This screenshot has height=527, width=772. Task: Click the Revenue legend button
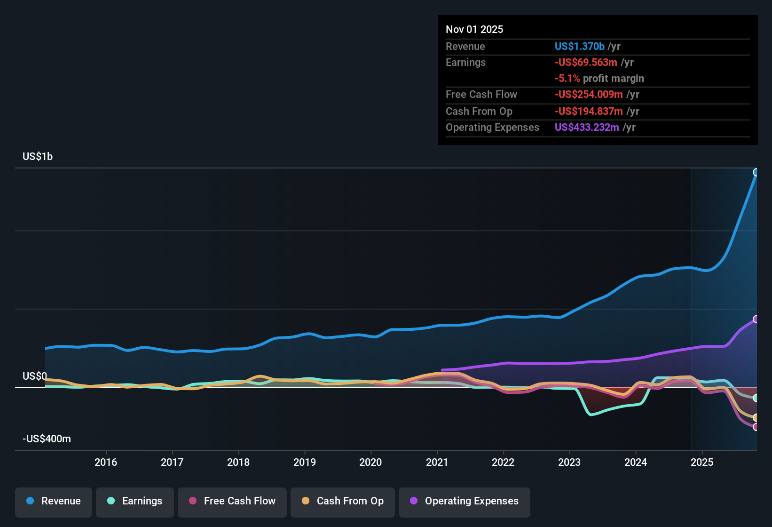pos(54,501)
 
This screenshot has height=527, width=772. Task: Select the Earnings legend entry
pos(135,501)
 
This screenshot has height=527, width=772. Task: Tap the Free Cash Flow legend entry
pos(232,501)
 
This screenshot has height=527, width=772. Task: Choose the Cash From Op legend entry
pos(343,501)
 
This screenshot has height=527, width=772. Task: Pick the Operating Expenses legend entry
pos(465,501)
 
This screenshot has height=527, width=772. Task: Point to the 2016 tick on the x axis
pos(106,462)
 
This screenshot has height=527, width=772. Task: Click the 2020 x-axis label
pos(370,462)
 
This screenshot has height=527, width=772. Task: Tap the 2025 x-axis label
pos(702,462)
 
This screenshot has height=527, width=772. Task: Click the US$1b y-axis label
pos(38,156)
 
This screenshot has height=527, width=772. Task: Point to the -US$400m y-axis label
pos(47,439)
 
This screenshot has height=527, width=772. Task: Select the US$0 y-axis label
pos(35,376)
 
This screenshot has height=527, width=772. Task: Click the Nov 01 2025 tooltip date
pos(474,29)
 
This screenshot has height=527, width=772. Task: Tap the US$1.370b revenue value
pos(579,46)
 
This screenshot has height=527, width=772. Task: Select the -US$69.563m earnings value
pos(586,62)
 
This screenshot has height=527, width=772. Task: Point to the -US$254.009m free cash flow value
pos(589,94)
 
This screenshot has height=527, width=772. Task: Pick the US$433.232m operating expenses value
pos(587,127)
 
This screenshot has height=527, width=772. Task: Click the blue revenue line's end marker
pos(756,172)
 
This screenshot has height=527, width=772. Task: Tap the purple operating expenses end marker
pos(756,319)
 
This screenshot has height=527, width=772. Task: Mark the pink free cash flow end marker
pos(756,427)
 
